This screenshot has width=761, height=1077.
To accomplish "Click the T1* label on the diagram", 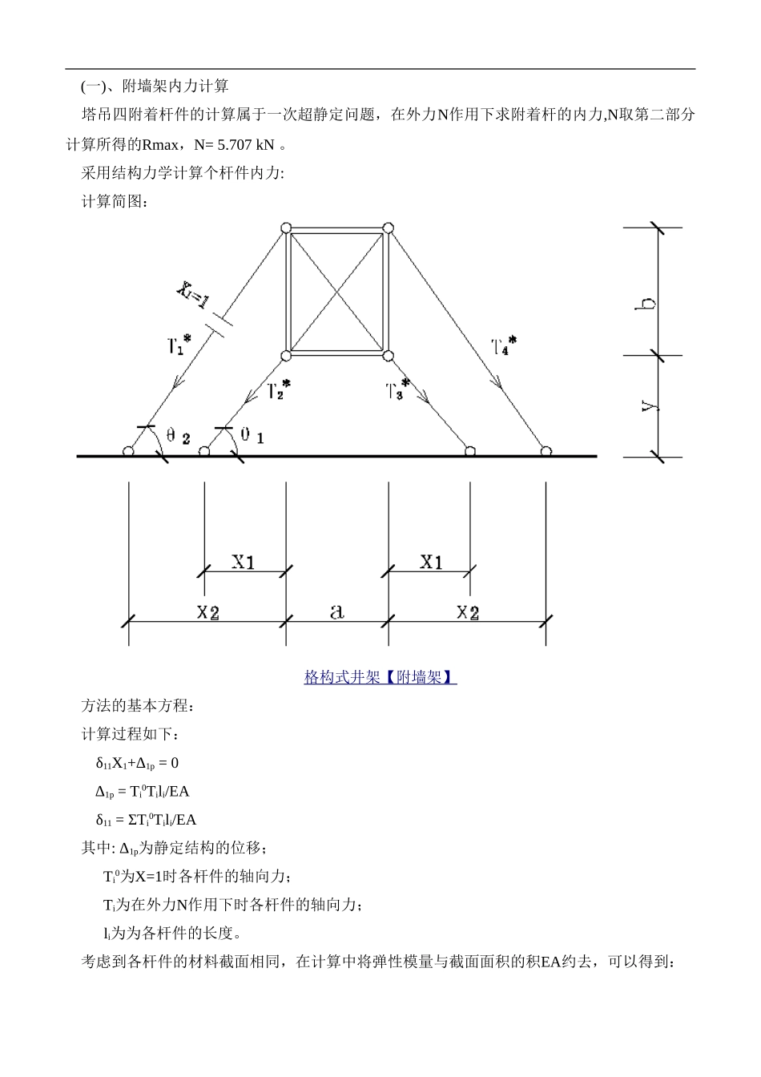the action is (x=179, y=345).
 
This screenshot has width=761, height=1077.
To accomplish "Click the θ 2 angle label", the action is (x=178, y=437).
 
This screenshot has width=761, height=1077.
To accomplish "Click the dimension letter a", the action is (x=337, y=612).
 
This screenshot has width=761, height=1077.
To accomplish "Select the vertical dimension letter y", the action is (x=650, y=406).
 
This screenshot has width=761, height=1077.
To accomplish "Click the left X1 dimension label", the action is (x=244, y=562).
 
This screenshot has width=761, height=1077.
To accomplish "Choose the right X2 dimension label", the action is (x=468, y=613).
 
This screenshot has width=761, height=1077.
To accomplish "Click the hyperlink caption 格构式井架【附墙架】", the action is (x=380, y=677).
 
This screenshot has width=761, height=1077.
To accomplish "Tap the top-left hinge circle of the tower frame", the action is (x=286, y=228).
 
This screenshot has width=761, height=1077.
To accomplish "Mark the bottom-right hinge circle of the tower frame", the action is (x=388, y=356).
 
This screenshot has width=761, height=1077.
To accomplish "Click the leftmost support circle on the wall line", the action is (x=128, y=452).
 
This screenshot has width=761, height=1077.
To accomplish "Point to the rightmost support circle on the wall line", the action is (x=546, y=452).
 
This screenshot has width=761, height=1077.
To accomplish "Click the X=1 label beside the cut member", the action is (x=193, y=294).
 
